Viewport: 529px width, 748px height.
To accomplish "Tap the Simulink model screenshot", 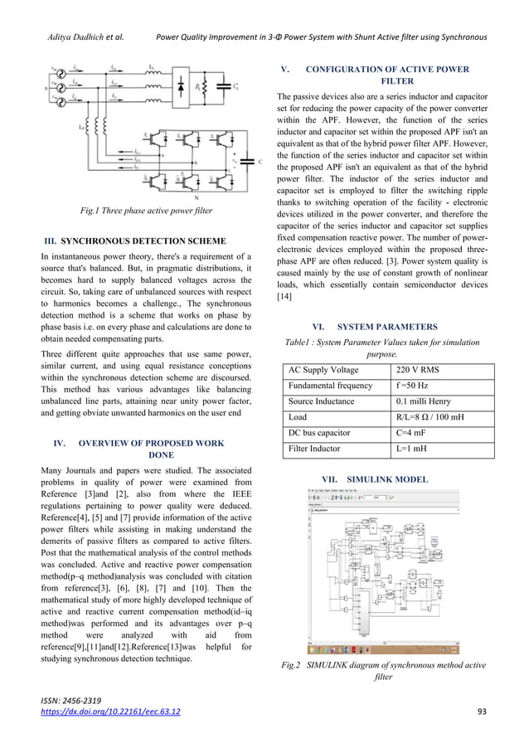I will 384,572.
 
